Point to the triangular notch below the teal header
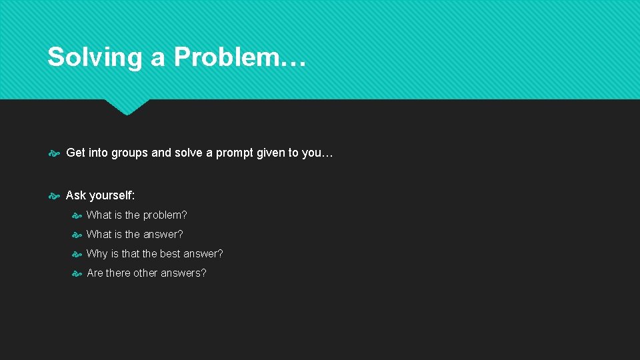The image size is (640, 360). click(127, 107)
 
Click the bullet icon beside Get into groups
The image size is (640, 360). click(55, 153)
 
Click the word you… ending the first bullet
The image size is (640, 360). click(317, 153)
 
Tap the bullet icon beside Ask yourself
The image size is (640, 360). click(55, 196)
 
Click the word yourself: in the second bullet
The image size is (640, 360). click(111, 196)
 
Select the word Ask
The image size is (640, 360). click(76, 196)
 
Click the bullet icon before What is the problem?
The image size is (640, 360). click(77, 215)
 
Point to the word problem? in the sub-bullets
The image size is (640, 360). click(165, 215)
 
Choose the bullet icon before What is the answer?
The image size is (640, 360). click(77, 235)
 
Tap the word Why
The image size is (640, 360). click(97, 254)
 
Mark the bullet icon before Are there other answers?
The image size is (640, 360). click(77, 273)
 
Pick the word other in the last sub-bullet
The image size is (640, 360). click(145, 273)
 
